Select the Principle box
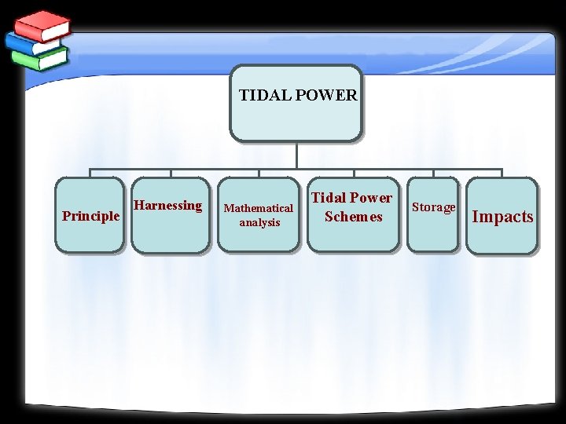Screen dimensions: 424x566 coord(90,215)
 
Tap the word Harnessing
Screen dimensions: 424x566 coord(167,206)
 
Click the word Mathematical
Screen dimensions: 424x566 coord(259,208)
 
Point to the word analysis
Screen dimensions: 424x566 coord(259,223)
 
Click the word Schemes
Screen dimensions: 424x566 coord(353,217)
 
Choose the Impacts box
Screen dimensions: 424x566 coord(502,216)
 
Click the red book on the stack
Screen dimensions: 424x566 coord(43,25)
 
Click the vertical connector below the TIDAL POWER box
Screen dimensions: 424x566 coord(296,155)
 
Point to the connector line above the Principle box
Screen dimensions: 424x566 coord(90,174)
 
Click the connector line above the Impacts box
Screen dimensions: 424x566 coord(502,174)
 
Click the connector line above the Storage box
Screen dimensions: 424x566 coord(433,174)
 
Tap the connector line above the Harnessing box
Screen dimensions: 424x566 coord(171,174)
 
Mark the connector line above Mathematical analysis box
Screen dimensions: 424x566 coord(259,174)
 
